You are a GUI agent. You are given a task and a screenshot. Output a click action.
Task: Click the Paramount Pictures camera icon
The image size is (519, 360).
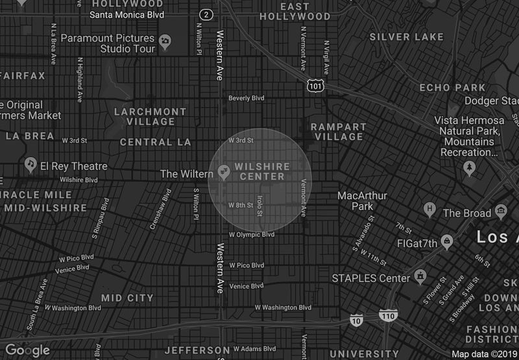[x=165, y=42]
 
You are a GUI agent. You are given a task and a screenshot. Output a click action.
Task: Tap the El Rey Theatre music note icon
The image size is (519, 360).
[x=29, y=166]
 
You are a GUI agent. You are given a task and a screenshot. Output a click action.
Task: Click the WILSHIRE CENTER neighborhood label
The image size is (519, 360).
[x=262, y=172]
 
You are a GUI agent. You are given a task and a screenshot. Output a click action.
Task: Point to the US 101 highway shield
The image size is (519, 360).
[x=315, y=84]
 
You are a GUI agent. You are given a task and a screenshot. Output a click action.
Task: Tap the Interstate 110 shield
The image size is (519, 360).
[x=388, y=316]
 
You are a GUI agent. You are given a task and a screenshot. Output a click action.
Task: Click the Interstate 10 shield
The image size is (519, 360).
[x=356, y=320]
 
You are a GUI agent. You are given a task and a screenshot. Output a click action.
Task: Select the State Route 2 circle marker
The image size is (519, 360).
[x=206, y=14]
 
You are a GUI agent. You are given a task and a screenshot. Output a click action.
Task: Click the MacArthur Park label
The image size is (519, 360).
[x=362, y=201]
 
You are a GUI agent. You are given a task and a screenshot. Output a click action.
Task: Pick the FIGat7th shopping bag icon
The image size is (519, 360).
[x=446, y=243]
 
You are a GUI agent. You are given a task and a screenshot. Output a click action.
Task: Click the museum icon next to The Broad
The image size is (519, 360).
[x=500, y=211]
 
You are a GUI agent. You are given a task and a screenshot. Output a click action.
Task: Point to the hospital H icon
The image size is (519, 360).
[x=429, y=210]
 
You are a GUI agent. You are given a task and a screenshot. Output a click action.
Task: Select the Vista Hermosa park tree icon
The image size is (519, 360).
[x=469, y=167]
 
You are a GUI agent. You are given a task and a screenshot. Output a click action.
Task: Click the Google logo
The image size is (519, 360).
[x=27, y=350]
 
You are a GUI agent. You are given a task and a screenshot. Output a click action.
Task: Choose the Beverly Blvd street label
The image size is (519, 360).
[x=247, y=99]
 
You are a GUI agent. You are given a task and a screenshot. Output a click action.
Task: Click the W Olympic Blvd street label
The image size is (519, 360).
[x=247, y=234]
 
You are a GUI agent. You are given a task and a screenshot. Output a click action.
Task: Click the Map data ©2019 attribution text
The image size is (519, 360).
[x=483, y=354]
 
